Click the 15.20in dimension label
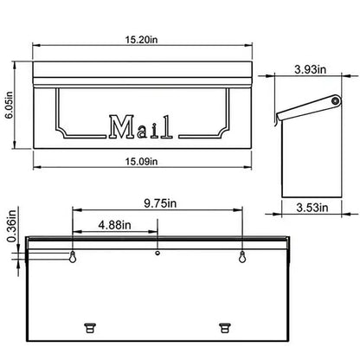(141, 37)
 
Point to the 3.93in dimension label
(309, 67)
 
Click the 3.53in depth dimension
(309, 208)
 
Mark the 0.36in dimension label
(10, 227)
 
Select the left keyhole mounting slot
(72, 257)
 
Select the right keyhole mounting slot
(242, 257)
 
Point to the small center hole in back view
(157, 254)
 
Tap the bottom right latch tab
(226, 325)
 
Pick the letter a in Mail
(142, 130)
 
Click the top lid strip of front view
(141, 69)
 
